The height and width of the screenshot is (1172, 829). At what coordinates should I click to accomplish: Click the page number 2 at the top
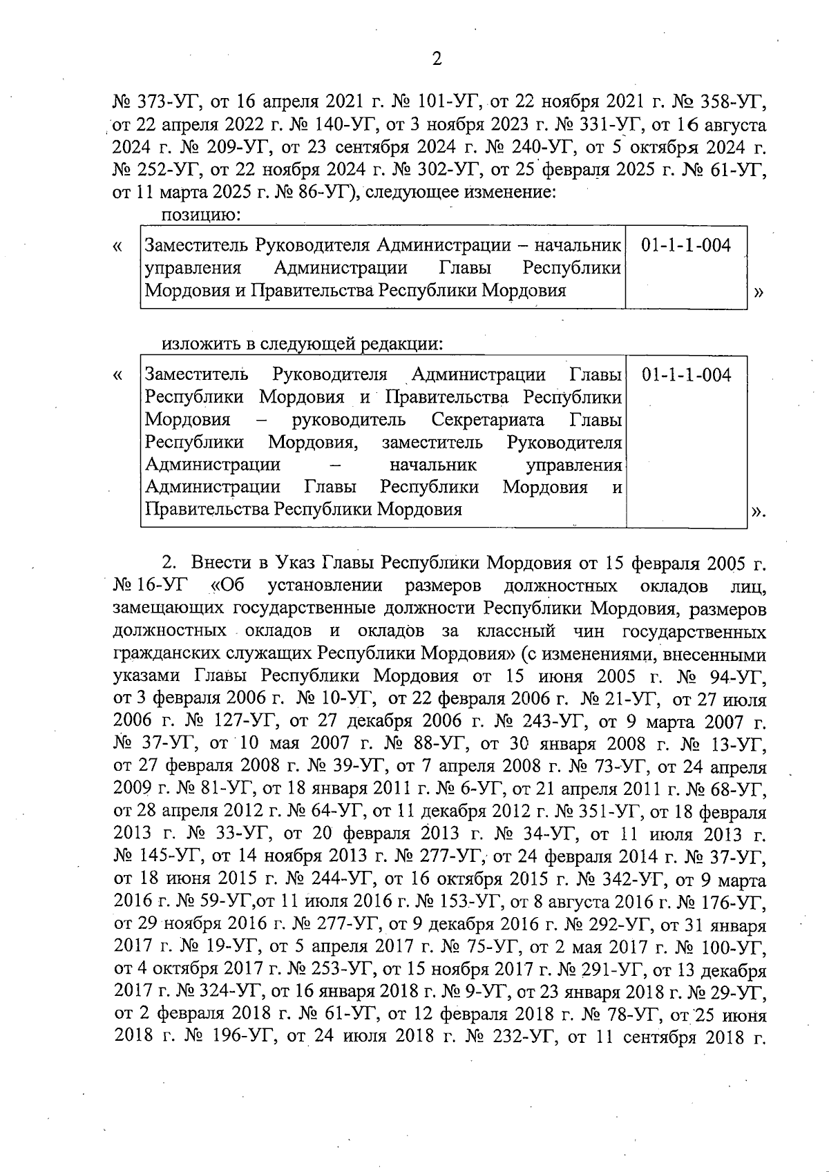tap(436, 59)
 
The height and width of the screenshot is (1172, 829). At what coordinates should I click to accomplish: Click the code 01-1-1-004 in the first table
tap(685, 245)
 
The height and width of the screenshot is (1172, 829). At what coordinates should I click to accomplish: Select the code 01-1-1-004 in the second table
tap(685, 375)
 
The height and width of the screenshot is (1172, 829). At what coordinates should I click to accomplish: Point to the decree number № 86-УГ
tap(312, 192)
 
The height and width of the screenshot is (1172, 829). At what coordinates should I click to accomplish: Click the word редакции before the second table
tap(401, 343)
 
